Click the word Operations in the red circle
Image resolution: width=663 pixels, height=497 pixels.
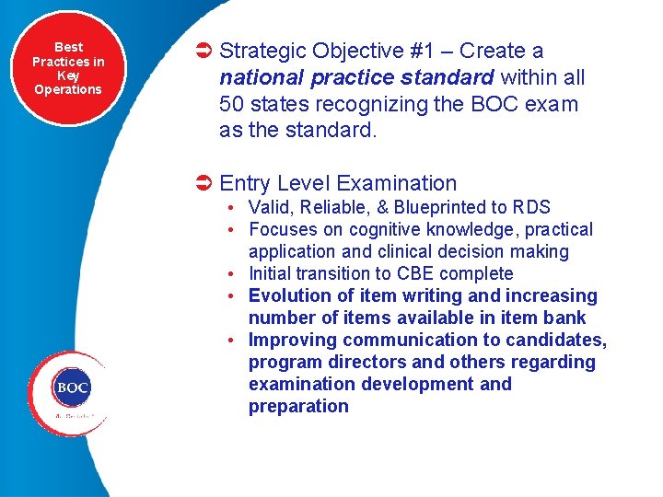68,89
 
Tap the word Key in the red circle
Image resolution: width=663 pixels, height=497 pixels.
68,75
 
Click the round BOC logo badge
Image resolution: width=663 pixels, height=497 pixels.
71,387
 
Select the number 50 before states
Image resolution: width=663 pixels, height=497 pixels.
232,104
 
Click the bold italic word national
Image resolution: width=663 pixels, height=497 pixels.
260,78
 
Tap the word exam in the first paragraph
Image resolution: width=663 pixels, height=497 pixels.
552,104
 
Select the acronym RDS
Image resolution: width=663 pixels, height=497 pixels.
531,207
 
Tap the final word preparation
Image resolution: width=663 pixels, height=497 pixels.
298,406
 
